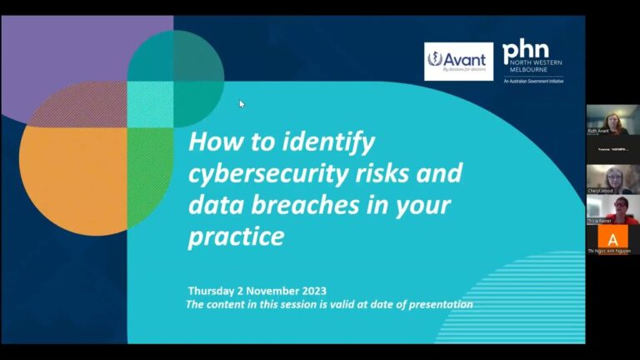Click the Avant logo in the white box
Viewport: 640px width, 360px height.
(x=458, y=61)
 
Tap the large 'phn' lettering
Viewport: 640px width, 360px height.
(x=527, y=52)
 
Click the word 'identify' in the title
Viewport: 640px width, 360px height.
(x=329, y=142)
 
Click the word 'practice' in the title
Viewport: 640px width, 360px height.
(x=236, y=237)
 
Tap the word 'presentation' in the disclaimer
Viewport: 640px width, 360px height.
(x=439, y=304)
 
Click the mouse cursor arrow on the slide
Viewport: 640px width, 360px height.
(x=242, y=104)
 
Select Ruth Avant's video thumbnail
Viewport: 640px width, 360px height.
(x=612, y=119)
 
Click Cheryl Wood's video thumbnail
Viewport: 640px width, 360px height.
(x=612, y=178)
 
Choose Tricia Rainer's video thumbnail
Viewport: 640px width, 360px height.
(x=612, y=208)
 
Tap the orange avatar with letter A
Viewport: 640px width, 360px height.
(x=612, y=239)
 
